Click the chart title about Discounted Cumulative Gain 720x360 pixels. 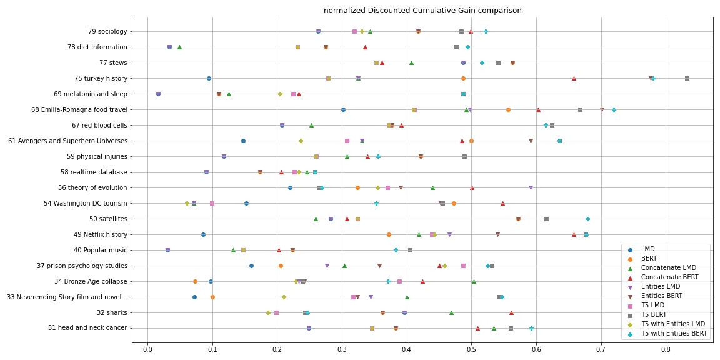coord(422,11)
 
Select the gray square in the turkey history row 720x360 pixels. coord(687,78)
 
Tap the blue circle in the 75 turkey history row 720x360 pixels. coord(209,78)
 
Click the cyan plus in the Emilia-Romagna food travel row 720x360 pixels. coord(614,109)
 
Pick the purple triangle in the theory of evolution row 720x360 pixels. coord(531,187)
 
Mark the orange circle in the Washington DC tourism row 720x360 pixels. coord(454,203)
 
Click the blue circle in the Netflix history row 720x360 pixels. coord(203,234)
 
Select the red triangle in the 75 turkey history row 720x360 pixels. coord(574,78)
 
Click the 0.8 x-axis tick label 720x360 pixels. coord(666,350)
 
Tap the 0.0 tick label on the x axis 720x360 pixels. coord(147,350)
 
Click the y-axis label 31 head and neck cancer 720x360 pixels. coord(87,328)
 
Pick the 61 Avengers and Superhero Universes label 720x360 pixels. coord(67,141)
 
